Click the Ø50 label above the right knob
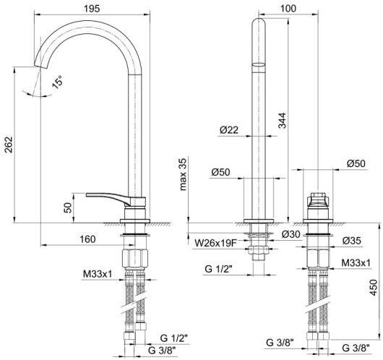click(x=356, y=163)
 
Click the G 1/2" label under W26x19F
click(x=216, y=270)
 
